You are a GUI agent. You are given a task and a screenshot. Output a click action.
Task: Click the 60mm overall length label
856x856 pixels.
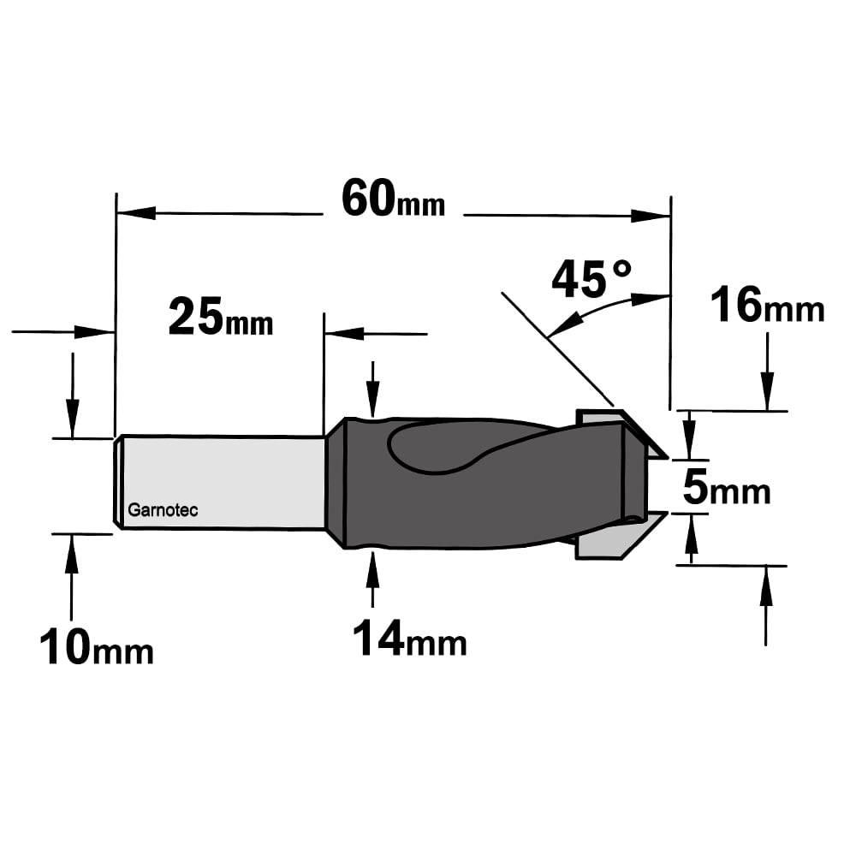coord(393,199)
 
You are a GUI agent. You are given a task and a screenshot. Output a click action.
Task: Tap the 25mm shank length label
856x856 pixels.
coord(221,317)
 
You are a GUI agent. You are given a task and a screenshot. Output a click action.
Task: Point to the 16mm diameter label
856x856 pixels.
coord(767,306)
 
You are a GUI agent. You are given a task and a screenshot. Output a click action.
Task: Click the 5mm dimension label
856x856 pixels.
coord(726,488)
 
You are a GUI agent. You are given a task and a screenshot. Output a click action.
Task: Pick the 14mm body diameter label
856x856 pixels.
coord(409,638)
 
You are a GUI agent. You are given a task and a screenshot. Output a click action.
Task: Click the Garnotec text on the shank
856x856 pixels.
coord(163,510)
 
